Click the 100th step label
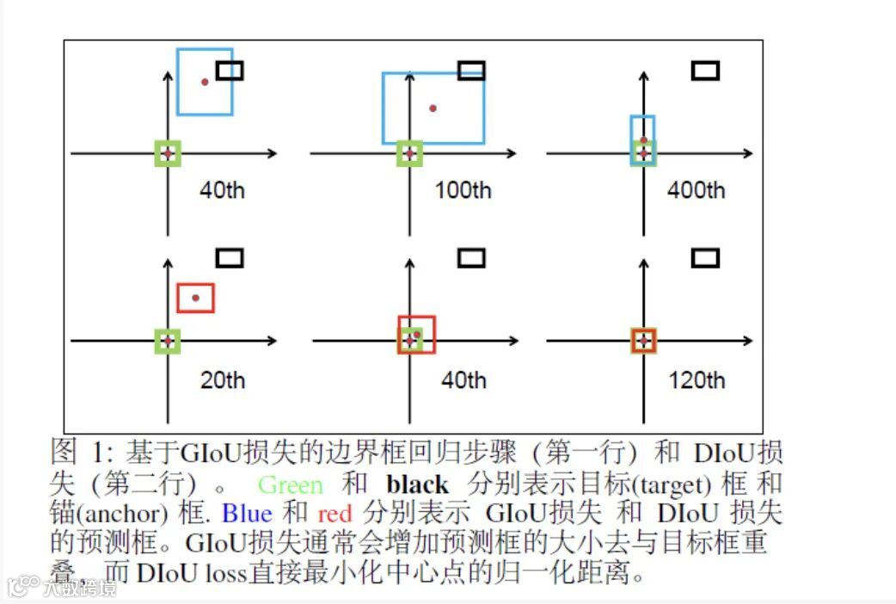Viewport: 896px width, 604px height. (463, 190)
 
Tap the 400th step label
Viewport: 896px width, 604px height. (697, 190)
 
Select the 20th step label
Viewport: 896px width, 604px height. (223, 379)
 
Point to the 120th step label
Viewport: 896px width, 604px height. (697, 379)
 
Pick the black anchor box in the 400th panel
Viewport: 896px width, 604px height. (705, 71)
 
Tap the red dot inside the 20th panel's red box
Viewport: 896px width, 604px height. (195, 298)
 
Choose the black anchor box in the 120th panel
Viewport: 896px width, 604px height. (705, 257)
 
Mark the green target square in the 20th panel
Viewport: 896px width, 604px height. (168, 341)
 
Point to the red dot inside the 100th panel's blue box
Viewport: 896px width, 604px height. (433, 108)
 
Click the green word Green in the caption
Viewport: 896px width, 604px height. (291, 485)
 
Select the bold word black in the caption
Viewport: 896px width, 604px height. (418, 485)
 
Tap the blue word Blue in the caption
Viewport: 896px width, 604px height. (247, 515)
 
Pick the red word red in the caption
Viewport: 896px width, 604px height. (334, 515)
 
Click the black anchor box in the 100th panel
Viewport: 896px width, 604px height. (471, 71)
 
